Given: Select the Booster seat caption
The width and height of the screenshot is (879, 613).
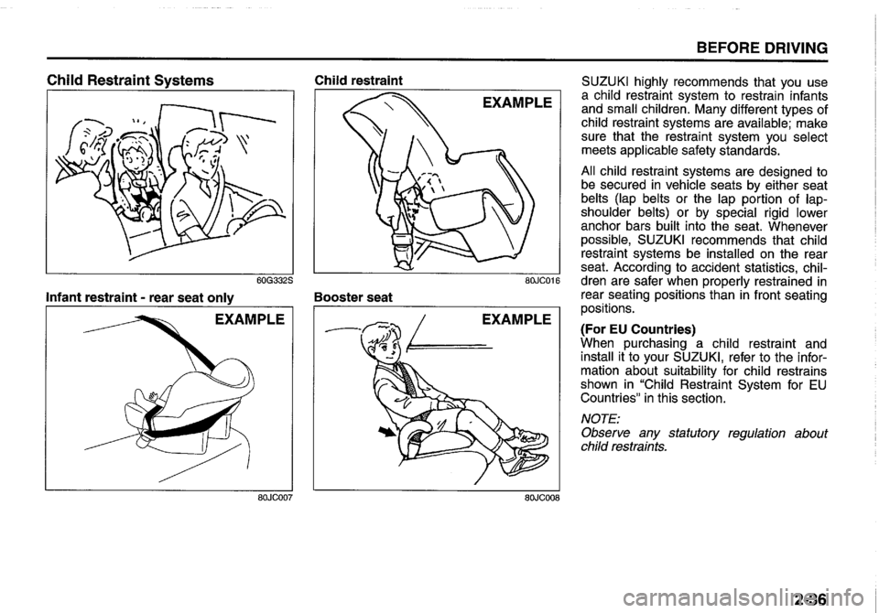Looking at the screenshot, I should pyautogui.click(x=353, y=296).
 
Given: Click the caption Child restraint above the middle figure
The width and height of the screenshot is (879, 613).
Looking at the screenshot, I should pyautogui.click(x=353, y=80).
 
